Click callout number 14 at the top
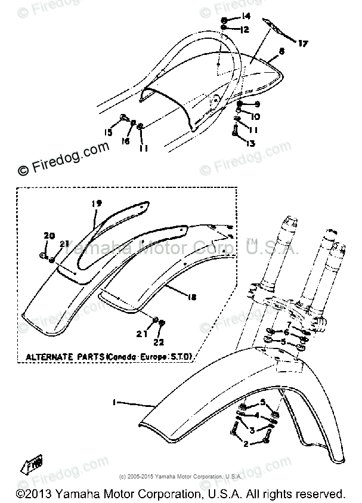246,16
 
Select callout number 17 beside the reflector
304,44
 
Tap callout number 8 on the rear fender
281,53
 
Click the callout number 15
109,132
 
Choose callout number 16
125,142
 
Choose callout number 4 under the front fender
256,418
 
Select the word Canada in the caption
124,357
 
